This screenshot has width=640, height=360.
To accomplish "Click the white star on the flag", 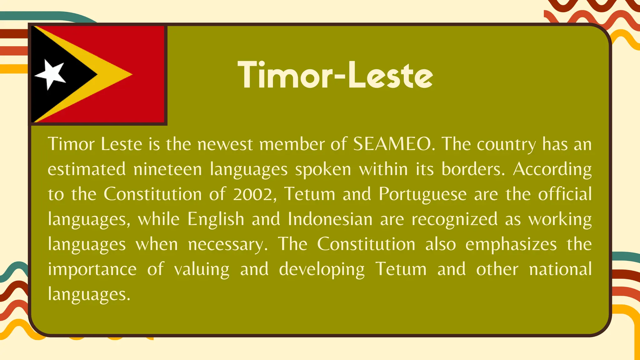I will point(51,74).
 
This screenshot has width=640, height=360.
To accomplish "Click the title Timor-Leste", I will point(335,75).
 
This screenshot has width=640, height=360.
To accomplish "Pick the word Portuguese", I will point(422,194).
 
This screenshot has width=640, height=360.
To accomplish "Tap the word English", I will point(216,219).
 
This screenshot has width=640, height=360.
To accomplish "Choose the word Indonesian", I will point(330,219).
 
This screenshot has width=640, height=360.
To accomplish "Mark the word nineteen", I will point(167,169).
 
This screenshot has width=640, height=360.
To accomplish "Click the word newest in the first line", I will point(225,145).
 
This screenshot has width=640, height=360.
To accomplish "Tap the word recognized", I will point(454,220).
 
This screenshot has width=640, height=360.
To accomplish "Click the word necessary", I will point(228,245).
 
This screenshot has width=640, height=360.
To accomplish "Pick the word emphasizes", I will point(511,245).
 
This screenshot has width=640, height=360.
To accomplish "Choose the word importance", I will point(92,270).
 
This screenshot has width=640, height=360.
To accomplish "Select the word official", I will point(565,194).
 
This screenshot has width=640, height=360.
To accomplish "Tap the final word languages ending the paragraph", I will point(89,295).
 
